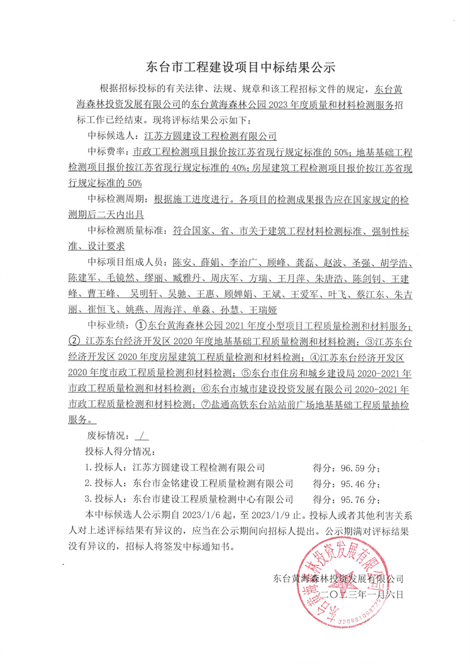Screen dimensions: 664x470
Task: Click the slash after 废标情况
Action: coord(138,435)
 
